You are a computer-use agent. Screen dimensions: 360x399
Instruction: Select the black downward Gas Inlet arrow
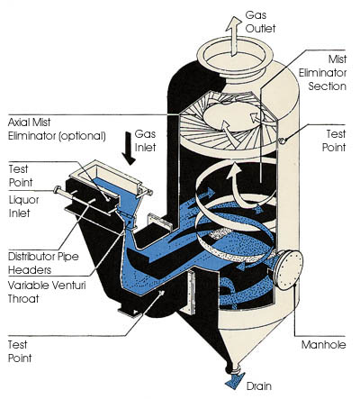pos(130,149)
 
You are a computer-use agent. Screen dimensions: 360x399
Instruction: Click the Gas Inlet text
pos(146,141)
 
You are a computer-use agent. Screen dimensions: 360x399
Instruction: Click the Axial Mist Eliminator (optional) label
pos(57,129)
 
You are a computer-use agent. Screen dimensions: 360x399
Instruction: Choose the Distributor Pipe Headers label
pos(43,263)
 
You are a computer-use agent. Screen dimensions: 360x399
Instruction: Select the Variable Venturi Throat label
pos(47,292)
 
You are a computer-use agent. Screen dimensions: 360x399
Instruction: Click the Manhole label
pos(323,345)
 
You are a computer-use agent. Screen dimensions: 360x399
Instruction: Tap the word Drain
pos(259,386)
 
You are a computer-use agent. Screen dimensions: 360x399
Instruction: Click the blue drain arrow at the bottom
pos(234,380)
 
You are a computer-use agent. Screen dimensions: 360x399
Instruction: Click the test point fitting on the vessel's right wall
pos(283,141)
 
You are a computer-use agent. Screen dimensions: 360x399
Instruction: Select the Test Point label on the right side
pos(334,141)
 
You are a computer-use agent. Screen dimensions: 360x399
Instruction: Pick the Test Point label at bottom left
pos(20,351)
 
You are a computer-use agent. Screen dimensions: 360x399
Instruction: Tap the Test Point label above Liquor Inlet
pos(21,176)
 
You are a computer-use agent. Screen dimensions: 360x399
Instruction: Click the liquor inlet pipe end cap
pos(57,190)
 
